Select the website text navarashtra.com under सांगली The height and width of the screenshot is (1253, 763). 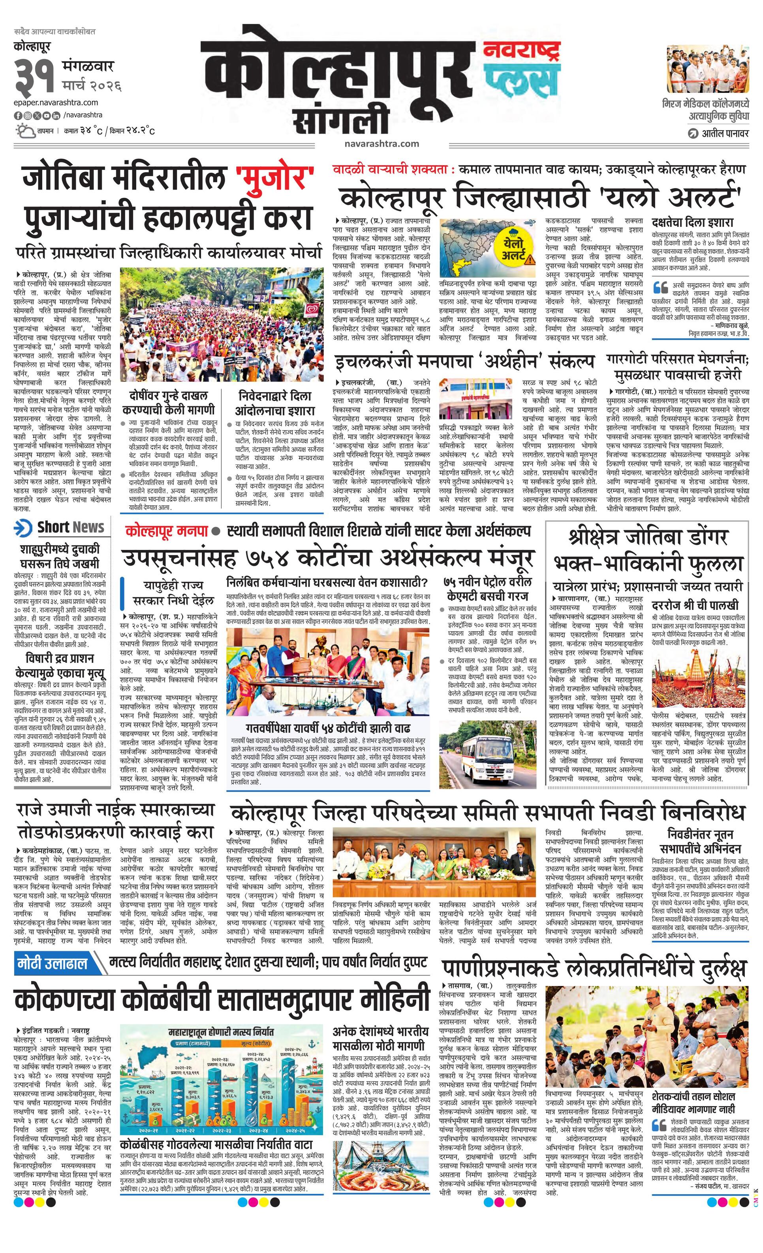coord(381,143)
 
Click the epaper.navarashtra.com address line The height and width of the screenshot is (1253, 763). coord(56,103)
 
